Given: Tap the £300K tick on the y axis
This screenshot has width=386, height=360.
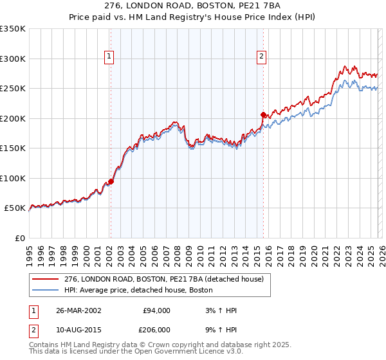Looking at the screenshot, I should pyautogui.click(x=13, y=59).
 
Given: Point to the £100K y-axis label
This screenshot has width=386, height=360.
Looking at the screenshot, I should pyautogui.click(x=13, y=178).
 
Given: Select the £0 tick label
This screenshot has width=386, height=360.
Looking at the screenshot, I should pyautogui.click(x=20, y=238).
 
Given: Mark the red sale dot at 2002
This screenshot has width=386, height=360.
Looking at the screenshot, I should pyautogui.click(x=111, y=181).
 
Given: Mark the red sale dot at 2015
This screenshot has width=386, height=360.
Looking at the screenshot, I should pyautogui.click(x=263, y=114).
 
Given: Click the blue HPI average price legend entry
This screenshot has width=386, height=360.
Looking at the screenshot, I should pyautogui.click(x=142, y=290).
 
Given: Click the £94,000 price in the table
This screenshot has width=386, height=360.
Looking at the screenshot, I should pyautogui.click(x=156, y=310).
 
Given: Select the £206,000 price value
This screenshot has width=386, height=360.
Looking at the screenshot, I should pyautogui.click(x=156, y=329).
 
